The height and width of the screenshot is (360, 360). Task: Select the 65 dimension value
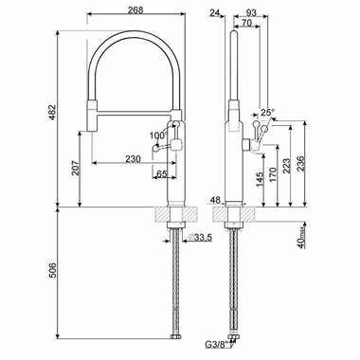click(x=162, y=174)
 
